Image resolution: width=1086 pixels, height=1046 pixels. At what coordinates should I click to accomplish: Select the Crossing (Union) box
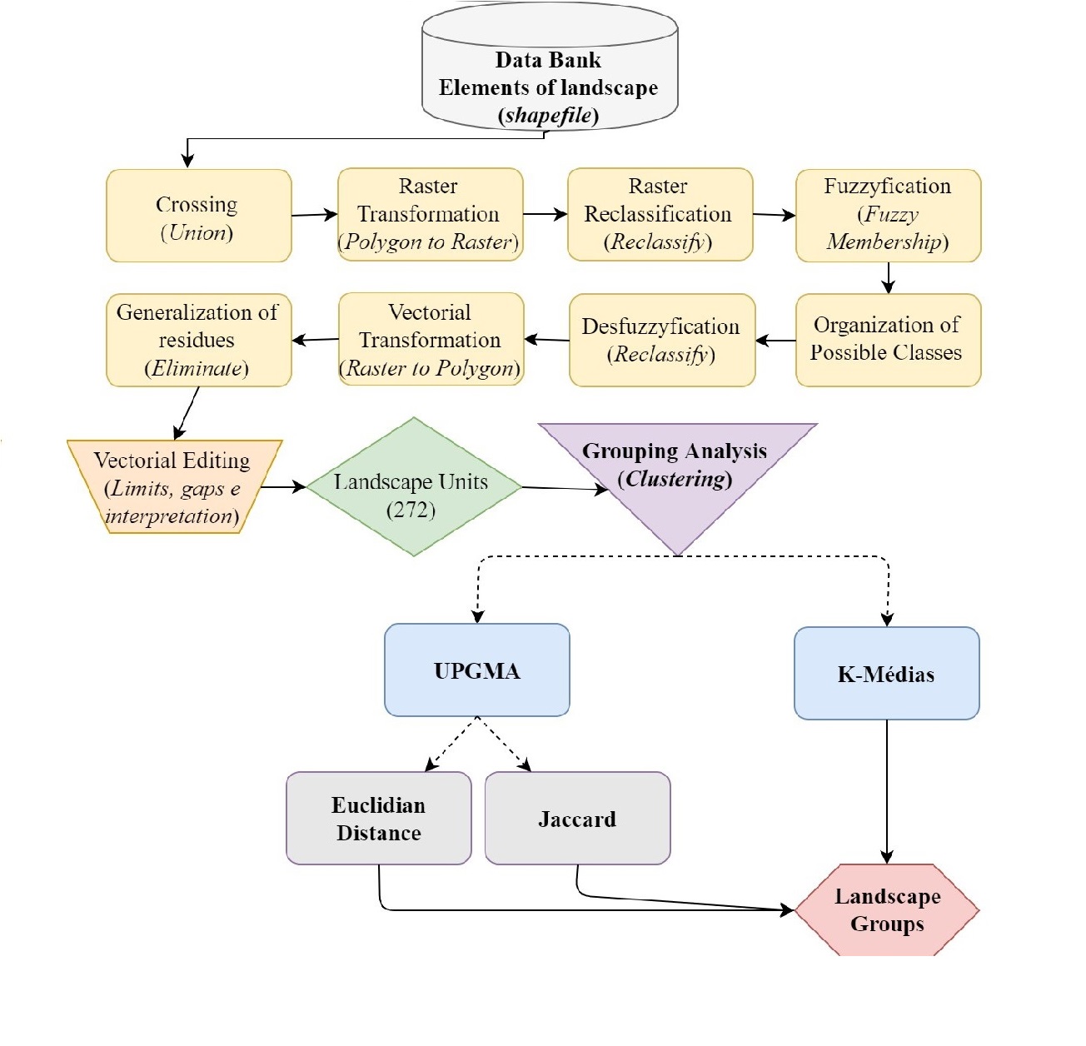click(198, 217)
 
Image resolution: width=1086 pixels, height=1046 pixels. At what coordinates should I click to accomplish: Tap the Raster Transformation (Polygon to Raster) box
click(430, 215)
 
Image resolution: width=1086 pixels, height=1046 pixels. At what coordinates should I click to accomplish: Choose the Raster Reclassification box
click(660, 215)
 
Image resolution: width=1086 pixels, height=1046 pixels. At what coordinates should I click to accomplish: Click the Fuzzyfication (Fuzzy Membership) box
click(888, 215)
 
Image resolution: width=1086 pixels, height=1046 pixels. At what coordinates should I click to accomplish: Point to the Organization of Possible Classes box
click(888, 340)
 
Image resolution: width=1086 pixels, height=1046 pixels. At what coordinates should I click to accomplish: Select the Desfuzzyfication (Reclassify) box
click(662, 340)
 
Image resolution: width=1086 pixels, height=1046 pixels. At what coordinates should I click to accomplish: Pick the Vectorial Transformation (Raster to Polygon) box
click(431, 340)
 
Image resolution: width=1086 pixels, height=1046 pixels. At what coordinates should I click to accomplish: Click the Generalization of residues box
click(198, 340)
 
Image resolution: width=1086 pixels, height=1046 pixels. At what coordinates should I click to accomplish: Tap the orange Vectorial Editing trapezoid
click(173, 487)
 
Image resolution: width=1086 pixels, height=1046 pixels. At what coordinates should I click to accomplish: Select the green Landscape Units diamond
click(413, 487)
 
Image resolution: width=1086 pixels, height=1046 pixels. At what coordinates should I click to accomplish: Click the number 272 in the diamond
click(411, 510)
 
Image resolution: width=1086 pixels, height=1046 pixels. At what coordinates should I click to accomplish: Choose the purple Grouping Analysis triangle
click(676, 475)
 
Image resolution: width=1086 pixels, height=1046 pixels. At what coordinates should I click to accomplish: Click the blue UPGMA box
click(476, 670)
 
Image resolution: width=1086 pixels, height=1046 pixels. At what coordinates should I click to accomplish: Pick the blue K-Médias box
click(886, 673)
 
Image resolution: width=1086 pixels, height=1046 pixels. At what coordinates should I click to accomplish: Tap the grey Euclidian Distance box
click(378, 818)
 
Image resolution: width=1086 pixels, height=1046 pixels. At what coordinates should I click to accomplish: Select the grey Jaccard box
click(577, 818)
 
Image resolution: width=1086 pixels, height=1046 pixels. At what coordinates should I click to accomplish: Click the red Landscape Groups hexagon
click(887, 909)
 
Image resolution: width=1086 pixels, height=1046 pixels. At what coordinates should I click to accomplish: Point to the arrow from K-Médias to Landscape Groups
click(887, 791)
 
